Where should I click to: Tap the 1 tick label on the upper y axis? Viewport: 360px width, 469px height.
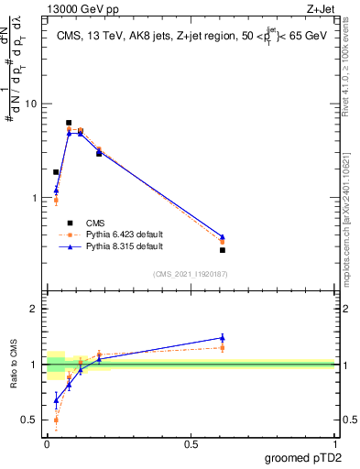34,198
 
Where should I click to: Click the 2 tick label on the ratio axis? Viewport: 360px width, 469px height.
34,310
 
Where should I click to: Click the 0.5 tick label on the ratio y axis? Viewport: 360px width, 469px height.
30,420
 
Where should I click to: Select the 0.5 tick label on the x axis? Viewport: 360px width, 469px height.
191,444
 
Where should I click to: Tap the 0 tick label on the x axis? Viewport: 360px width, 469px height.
47,444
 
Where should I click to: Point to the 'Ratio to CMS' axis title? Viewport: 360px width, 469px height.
13,365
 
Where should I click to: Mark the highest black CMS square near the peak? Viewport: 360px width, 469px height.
69,123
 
